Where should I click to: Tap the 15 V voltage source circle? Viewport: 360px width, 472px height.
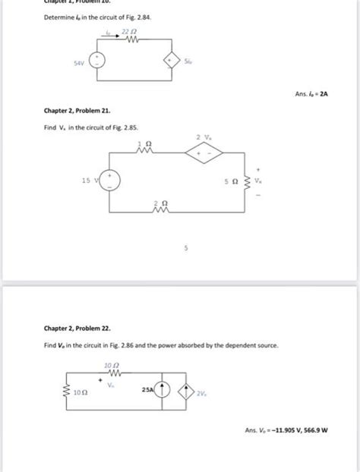point(111,181)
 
